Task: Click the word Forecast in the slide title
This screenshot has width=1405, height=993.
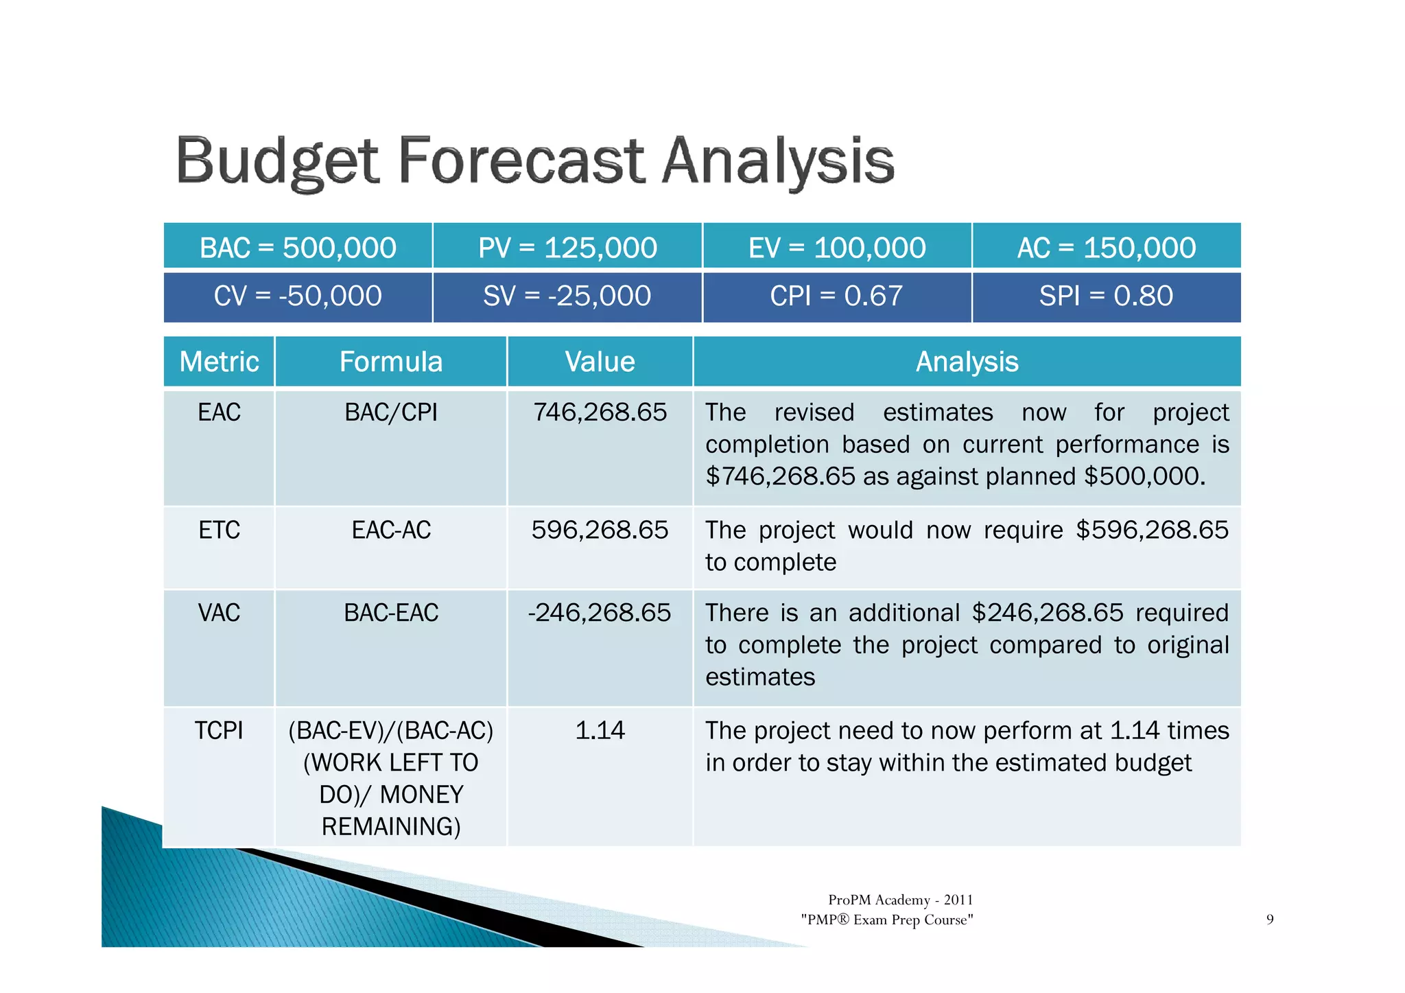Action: point(521,162)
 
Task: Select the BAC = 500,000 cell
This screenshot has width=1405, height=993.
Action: point(298,247)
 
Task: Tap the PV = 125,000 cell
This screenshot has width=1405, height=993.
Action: point(567,247)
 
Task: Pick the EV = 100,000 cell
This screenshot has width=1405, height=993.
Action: point(837,247)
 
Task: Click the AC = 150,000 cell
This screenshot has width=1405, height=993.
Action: point(1106,247)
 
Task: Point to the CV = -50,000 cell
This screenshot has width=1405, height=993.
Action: point(298,296)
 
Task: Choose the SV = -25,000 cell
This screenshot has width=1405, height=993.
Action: point(567,296)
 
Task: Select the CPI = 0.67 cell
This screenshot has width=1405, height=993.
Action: point(837,296)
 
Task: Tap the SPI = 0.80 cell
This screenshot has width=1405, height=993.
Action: point(1106,296)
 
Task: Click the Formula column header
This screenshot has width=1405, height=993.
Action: point(391,362)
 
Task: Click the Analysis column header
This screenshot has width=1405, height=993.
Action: point(967,362)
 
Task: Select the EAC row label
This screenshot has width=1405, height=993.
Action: point(219,412)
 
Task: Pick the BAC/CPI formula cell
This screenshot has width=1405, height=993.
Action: point(391,412)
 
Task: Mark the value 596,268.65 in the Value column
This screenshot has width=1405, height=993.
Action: point(600,530)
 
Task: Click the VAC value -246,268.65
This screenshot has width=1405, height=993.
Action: point(600,613)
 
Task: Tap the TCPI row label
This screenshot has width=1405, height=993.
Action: point(219,731)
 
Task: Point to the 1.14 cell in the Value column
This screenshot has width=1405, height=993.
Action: point(600,731)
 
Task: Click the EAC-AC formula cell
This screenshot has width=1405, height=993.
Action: point(391,530)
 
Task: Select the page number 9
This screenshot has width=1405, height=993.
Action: point(1270,920)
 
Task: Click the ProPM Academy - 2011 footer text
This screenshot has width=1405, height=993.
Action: point(900,900)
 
